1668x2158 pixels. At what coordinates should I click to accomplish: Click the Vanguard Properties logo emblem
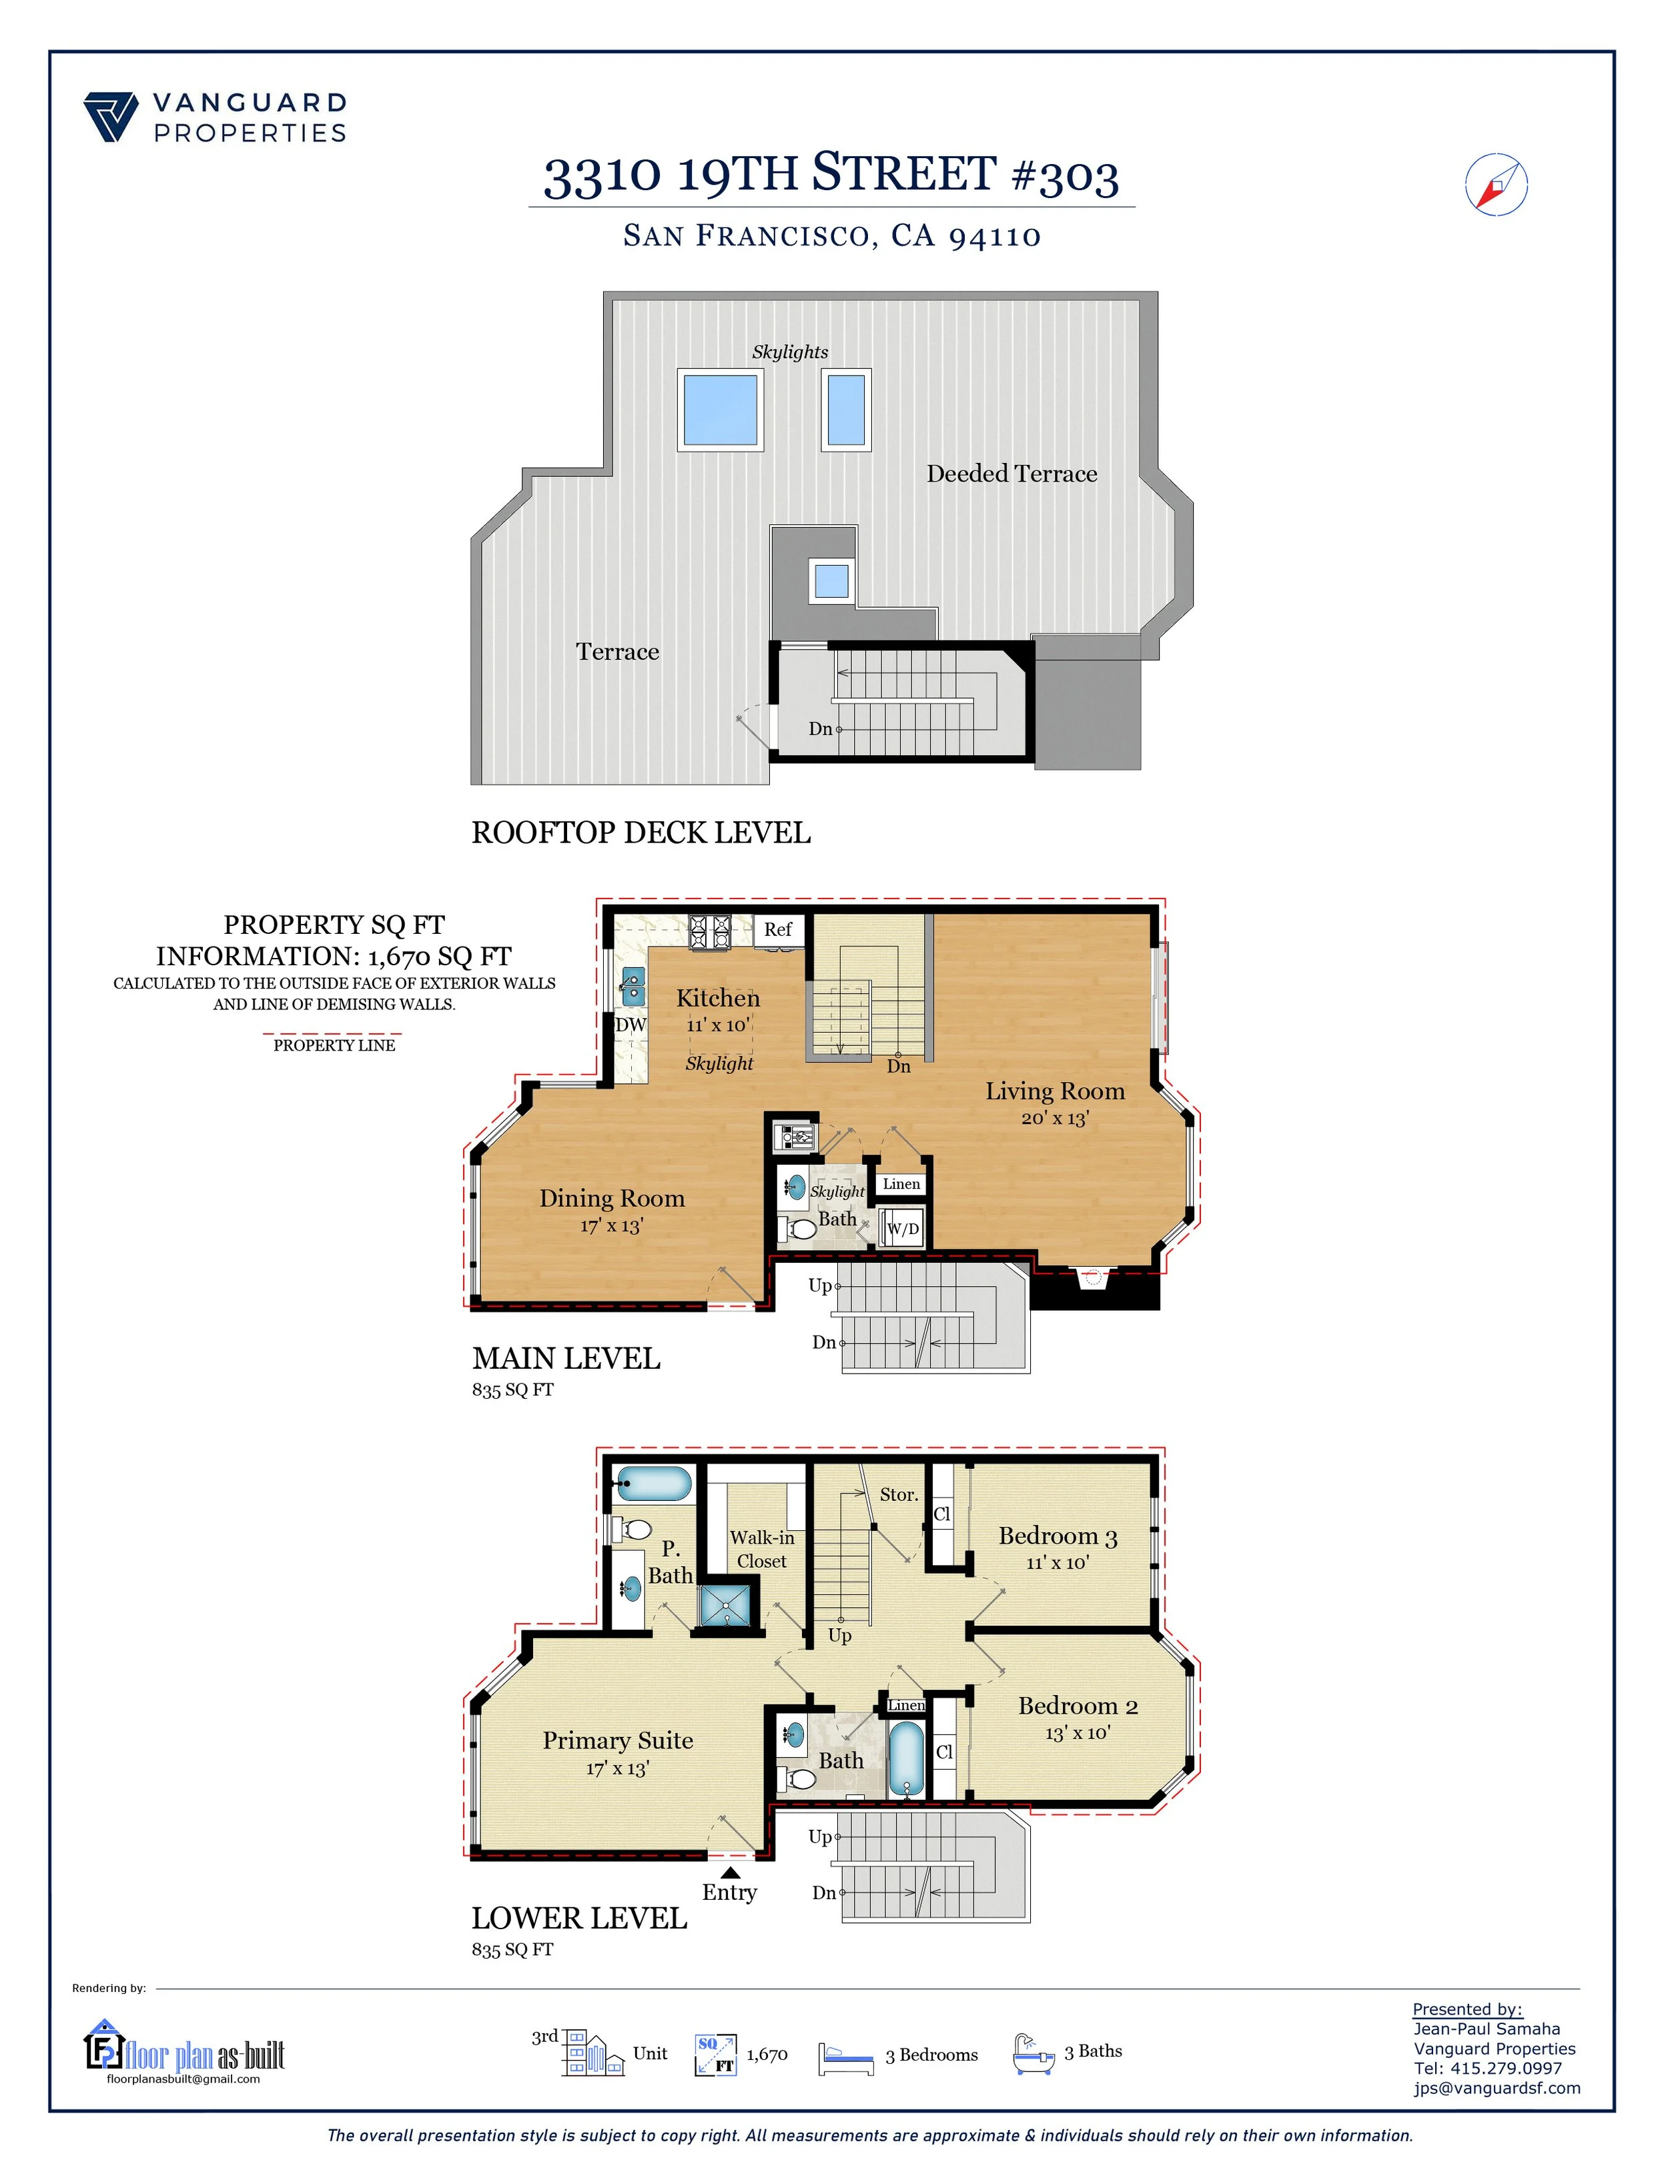[111, 117]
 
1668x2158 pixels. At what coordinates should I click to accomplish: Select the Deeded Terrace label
[1012, 474]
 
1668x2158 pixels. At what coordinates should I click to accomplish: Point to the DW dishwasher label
[631, 1025]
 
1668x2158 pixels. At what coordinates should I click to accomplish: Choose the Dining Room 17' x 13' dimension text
[612, 1226]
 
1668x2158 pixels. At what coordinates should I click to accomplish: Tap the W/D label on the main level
[902, 1229]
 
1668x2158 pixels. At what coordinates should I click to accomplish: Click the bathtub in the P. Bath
[653, 1484]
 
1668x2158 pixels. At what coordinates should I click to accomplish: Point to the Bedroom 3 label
[1058, 1536]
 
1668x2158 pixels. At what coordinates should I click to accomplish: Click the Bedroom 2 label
[1078, 1706]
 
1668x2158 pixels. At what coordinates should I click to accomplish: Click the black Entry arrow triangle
[730, 1871]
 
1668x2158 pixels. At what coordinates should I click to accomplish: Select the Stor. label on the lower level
[899, 1495]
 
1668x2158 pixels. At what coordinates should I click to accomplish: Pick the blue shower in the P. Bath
[729, 1606]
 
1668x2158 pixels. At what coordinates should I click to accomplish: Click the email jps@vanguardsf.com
[1497, 2088]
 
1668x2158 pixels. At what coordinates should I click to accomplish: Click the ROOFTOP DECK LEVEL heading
[641, 833]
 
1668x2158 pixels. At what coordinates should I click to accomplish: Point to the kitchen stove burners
[709, 932]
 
